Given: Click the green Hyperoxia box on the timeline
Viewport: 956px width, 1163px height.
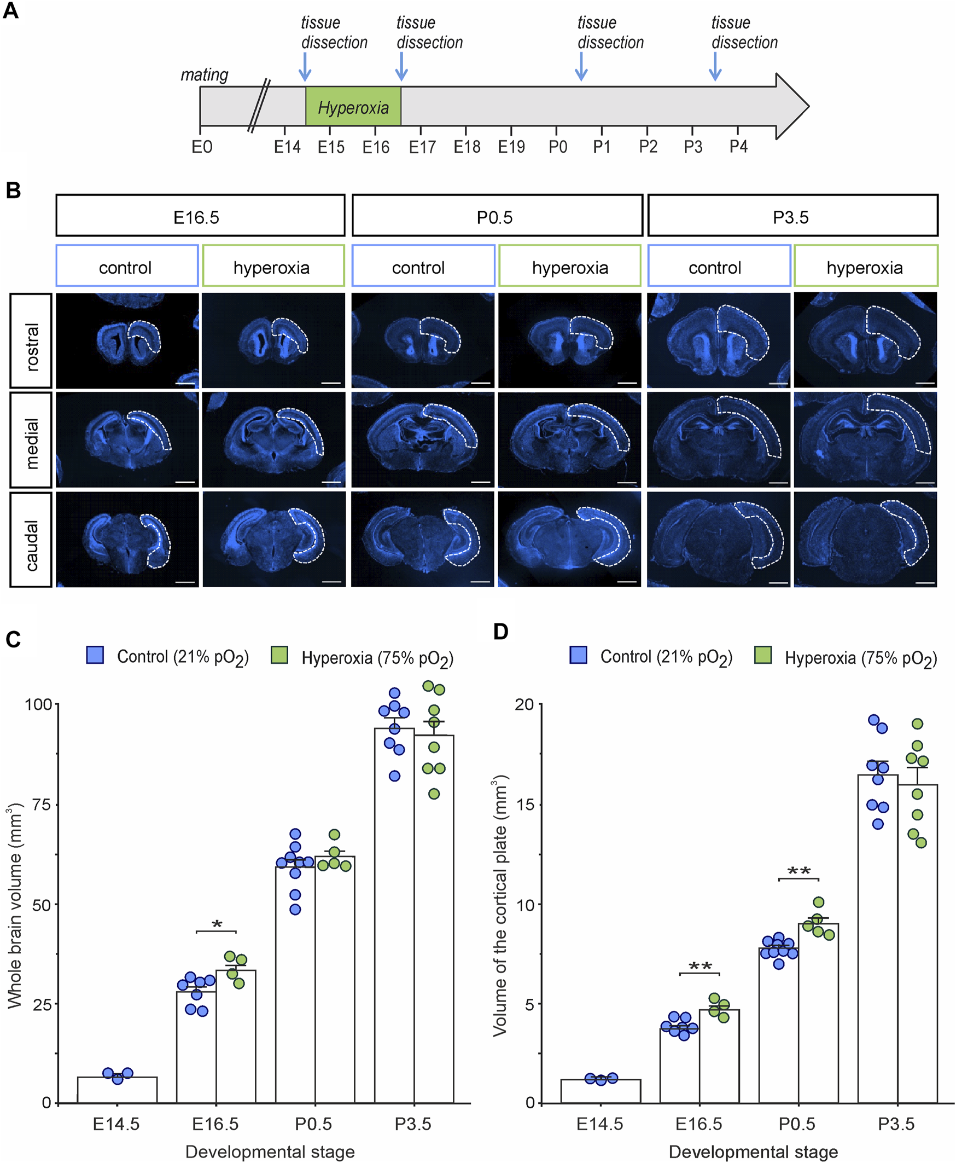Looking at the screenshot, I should (x=353, y=106).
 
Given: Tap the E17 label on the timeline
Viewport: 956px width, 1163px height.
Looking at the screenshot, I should (x=422, y=147).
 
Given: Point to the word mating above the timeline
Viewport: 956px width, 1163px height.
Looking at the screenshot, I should (x=205, y=74).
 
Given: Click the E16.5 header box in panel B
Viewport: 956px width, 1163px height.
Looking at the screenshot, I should (x=200, y=216).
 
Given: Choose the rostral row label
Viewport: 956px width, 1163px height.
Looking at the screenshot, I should (x=31, y=340).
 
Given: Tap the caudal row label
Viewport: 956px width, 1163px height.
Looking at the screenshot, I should (x=31, y=539).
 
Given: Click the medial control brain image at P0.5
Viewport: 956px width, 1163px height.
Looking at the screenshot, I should (x=422, y=439).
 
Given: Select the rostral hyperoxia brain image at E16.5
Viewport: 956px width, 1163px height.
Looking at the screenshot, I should (x=273, y=340).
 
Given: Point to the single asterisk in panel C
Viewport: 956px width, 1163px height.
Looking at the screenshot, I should (x=217, y=925).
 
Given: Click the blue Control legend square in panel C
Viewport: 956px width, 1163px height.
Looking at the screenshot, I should (x=95, y=655).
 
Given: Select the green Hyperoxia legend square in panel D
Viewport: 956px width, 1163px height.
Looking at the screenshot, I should (x=763, y=655).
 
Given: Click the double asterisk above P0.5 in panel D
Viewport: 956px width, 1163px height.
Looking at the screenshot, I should (x=798, y=871).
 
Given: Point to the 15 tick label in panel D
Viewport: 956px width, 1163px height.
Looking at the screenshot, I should (x=525, y=805).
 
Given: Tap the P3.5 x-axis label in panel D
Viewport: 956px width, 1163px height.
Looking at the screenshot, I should (x=896, y=1124).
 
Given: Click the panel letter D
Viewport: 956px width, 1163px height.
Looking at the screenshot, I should (x=500, y=632).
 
